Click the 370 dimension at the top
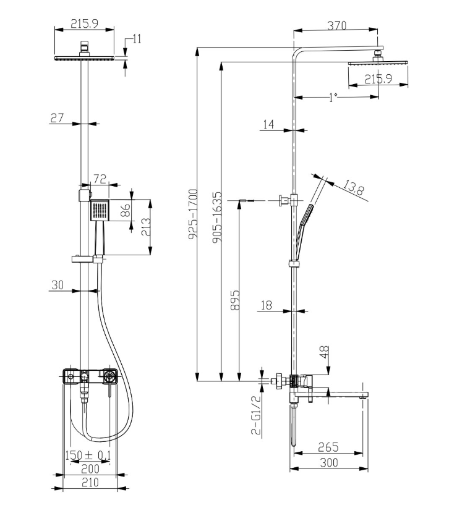336,25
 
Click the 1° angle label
333,97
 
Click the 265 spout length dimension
327,446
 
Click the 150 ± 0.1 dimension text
87,456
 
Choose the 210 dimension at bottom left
90,483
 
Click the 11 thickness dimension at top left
137,39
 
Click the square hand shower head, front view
99,210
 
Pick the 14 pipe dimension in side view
268,125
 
